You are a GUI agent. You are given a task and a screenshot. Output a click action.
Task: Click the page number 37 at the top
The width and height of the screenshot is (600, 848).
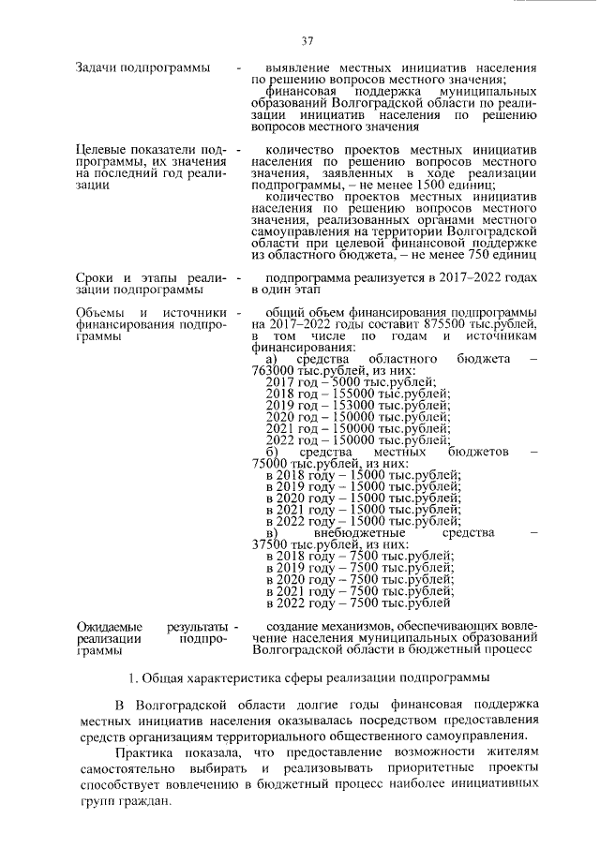[x=307, y=40]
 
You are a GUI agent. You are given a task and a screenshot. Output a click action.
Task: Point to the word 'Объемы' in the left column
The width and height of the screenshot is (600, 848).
[x=100, y=311]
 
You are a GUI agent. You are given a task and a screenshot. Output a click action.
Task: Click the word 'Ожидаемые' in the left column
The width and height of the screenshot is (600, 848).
[x=109, y=624]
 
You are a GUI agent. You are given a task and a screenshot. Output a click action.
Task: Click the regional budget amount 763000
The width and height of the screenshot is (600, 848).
[x=275, y=370]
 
